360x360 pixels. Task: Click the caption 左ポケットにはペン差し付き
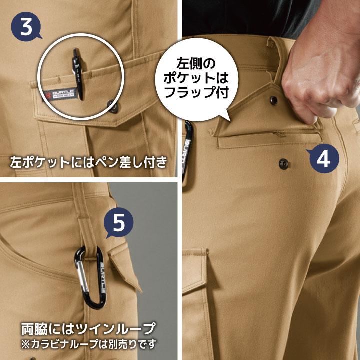[x=87, y=162]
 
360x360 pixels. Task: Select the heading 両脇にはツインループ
[x=88, y=329]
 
